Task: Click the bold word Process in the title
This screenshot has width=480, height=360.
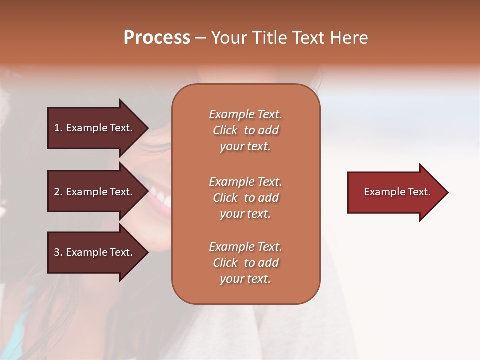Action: coord(157,38)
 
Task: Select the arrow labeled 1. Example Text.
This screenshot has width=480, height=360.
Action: coord(95,128)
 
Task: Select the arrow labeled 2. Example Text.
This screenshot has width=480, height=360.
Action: coord(95,192)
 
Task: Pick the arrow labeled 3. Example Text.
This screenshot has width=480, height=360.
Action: coord(95,252)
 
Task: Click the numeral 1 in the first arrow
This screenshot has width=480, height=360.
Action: coord(57,128)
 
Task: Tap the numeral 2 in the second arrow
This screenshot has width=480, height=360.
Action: coord(57,192)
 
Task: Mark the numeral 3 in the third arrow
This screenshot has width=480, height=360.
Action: coord(57,252)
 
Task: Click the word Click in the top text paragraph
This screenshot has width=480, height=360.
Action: coord(225,130)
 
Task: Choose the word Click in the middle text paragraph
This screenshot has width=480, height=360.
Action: coord(225,198)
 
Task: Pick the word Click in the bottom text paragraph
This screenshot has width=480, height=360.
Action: coord(225,263)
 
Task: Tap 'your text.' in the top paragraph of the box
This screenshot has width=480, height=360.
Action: coord(245,147)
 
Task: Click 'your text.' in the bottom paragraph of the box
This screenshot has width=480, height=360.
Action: coord(245,279)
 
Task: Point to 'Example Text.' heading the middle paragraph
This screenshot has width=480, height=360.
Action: coord(245,182)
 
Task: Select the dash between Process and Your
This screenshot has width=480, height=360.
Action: coord(200,38)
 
